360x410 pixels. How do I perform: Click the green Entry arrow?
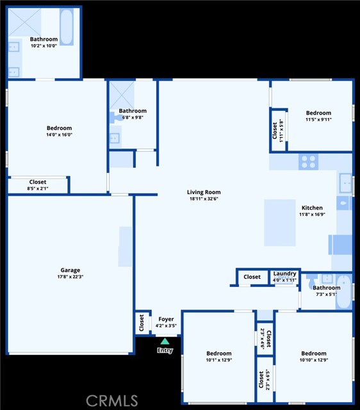pyautogui.click(x=165, y=341)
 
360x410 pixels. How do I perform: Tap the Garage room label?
pyautogui.click(x=70, y=270)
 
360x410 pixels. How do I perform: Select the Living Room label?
pyautogui.click(x=204, y=192)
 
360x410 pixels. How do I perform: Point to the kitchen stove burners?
pyautogui.click(x=309, y=162)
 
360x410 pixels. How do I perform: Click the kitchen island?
pyautogui.click(x=280, y=223)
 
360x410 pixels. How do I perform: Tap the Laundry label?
pyautogui.click(x=284, y=274)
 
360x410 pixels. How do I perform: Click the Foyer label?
pyautogui.click(x=166, y=319)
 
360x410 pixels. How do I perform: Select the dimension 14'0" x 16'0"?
pyautogui.click(x=60, y=135)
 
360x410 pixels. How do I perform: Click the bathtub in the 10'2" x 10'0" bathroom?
pyautogui.click(x=67, y=27)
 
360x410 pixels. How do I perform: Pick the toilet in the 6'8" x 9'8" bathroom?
pyautogui.click(x=115, y=117)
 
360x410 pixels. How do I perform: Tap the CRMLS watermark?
pyautogui.click(x=112, y=401)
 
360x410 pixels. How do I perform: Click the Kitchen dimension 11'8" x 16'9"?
pyautogui.click(x=312, y=215)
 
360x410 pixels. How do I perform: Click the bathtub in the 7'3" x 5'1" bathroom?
pyautogui.click(x=343, y=291)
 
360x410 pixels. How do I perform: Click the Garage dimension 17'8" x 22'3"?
pyautogui.click(x=70, y=277)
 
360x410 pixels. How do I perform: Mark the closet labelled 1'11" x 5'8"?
pyautogui.click(x=277, y=131)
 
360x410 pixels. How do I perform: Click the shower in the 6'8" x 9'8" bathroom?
pyautogui.click(x=122, y=95)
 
